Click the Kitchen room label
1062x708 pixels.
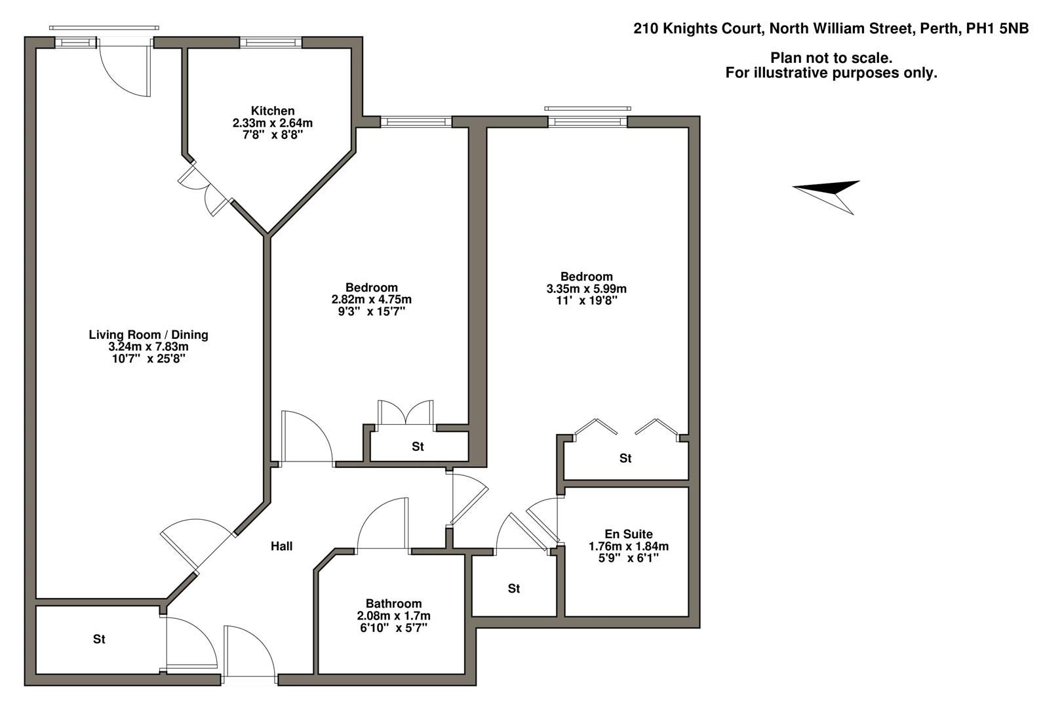[x=273, y=111]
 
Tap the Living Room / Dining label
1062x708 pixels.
[x=148, y=335]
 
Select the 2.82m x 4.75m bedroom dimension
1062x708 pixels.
[x=371, y=300]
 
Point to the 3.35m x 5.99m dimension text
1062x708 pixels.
[x=586, y=288]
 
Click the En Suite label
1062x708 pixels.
[x=628, y=534]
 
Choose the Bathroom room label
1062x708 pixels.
[x=393, y=604]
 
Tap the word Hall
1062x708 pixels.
[x=282, y=546]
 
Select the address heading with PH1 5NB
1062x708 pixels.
[x=831, y=28]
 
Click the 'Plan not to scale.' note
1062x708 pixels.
[x=831, y=58]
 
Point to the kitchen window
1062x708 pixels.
[x=271, y=43]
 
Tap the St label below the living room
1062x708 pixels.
[x=99, y=639]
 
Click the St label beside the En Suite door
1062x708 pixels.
[x=514, y=589]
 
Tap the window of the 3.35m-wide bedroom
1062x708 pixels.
[x=587, y=121]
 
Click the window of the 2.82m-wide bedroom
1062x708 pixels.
[x=416, y=122]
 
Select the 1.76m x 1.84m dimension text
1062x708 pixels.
[x=628, y=546]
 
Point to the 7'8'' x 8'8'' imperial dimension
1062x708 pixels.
[x=273, y=134]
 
